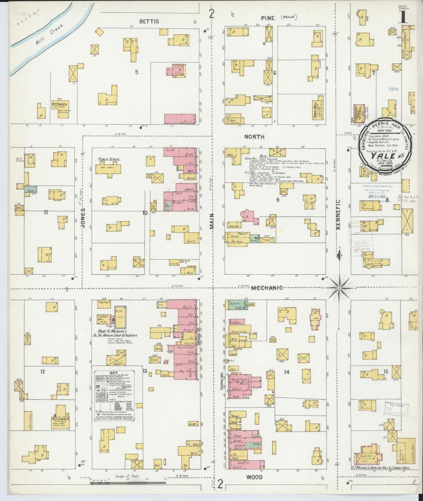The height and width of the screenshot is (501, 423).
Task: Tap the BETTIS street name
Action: [149, 21]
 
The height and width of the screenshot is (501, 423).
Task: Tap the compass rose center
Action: [339, 289]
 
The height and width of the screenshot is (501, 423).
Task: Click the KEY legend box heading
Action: [113, 372]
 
